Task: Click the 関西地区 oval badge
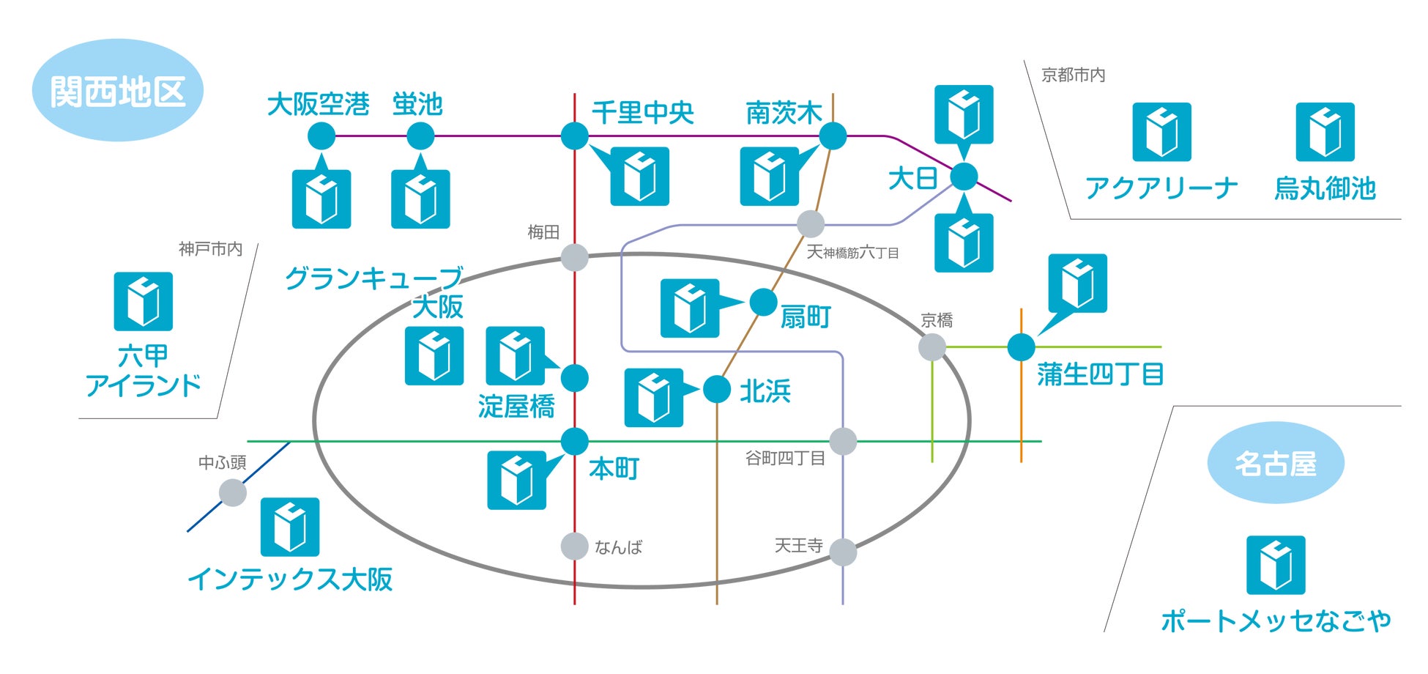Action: pyautogui.click(x=117, y=91)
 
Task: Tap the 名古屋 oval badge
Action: pyautogui.click(x=1275, y=463)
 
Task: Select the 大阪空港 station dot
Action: pyautogui.click(x=321, y=136)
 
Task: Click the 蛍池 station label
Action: pyautogui.click(x=417, y=105)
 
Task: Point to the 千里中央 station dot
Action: pyautogui.click(x=574, y=136)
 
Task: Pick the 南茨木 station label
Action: pyautogui.click(x=783, y=113)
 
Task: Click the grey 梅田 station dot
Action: pyautogui.click(x=574, y=257)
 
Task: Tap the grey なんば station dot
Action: pyautogui.click(x=574, y=546)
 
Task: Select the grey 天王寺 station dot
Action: pyautogui.click(x=843, y=552)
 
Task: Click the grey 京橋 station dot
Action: pyautogui.click(x=932, y=347)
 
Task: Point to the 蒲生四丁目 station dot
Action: pyautogui.click(x=1021, y=347)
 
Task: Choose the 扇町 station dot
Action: pyautogui.click(x=763, y=302)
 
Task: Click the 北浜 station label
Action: pyautogui.click(x=765, y=391)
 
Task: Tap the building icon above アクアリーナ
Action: pyautogui.click(x=1161, y=132)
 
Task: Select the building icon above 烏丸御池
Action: pyautogui.click(x=1325, y=132)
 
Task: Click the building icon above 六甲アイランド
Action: pyautogui.click(x=144, y=301)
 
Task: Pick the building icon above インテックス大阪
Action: pyautogui.click(x=290, y=527)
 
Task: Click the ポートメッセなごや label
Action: pyautogui.click(x=1276, y=621)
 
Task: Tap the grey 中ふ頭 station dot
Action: pyautogui.click(x=233, y=492)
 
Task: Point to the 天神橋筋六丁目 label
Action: pyautogui.click(x=852, y=253)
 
